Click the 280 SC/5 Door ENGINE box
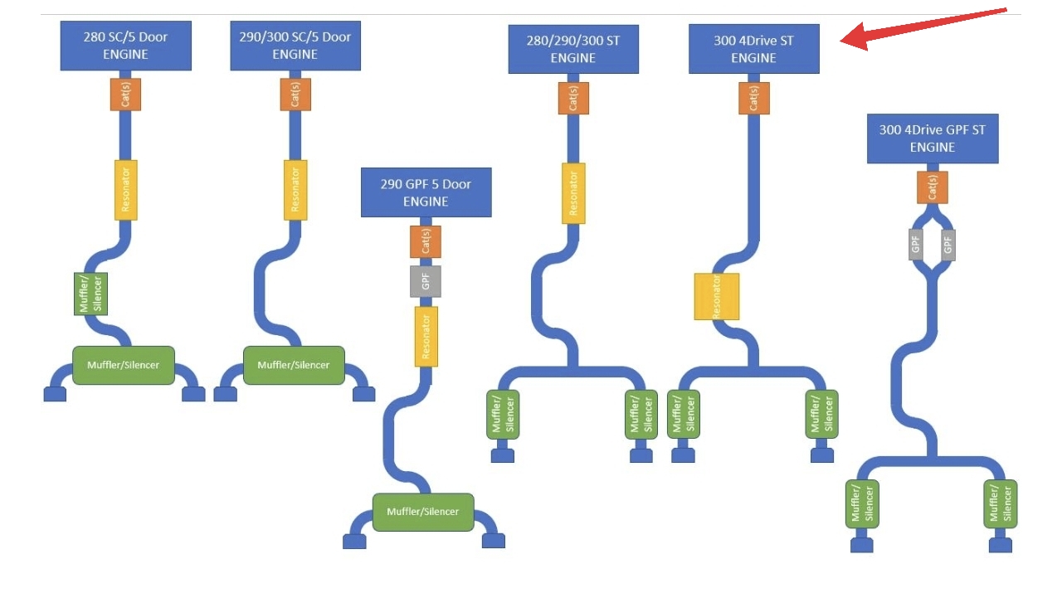pyautogui.click(x=125, y=46)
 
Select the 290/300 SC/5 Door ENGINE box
pyautogui.click(x=295, y=46)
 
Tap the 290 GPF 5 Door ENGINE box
pyautogui.click(x=426, y=192)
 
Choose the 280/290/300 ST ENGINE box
pyautogui.click(x=573, y=49)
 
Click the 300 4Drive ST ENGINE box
pyautogui.click(x=754, y=49)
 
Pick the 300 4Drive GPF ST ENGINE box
pyautogui.click(x=933, y=139)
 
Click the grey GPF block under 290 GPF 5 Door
pyautogui.click(x=426, y=281)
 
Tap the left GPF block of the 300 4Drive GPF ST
pyautogui.click(x=915, y=245)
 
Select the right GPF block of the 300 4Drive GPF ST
pyautogui.click(x=948, y=245)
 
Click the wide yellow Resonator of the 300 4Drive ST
pyautogui.click(x=716, y=296)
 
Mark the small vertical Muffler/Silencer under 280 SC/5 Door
pyautogui.click(x=90, y=294)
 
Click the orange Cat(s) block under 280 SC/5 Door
pyautogui.click(x=125, y=95)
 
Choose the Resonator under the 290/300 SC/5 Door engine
pyautogui.click(x=295, y=190)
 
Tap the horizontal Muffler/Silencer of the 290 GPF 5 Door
pyautogui.click(x=423, y=512)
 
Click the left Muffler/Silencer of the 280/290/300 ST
pyautogui.click(x=503, y=415)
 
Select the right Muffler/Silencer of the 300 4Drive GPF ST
pyautogui.click(x=1001, y=504)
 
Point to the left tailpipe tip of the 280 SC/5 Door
pyautogui.click(x=55, y=394)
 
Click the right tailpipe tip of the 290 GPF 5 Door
pyautogui.click(x=494, y=541)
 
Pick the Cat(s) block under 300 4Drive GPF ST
pyautogui.click(x=933, y=187)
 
